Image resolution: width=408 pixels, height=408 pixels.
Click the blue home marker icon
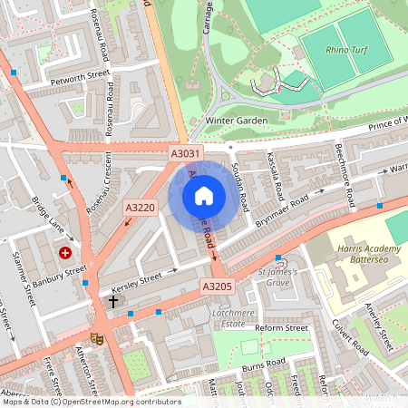coord(204,195)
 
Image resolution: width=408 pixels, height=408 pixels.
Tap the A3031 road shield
coord(185,155)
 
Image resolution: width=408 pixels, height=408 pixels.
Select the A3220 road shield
coord(141,209)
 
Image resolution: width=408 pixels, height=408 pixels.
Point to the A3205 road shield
coord(218,287)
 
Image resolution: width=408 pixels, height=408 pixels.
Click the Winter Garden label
coord(213,120)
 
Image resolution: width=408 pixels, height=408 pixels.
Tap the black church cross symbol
coord(113,300)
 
